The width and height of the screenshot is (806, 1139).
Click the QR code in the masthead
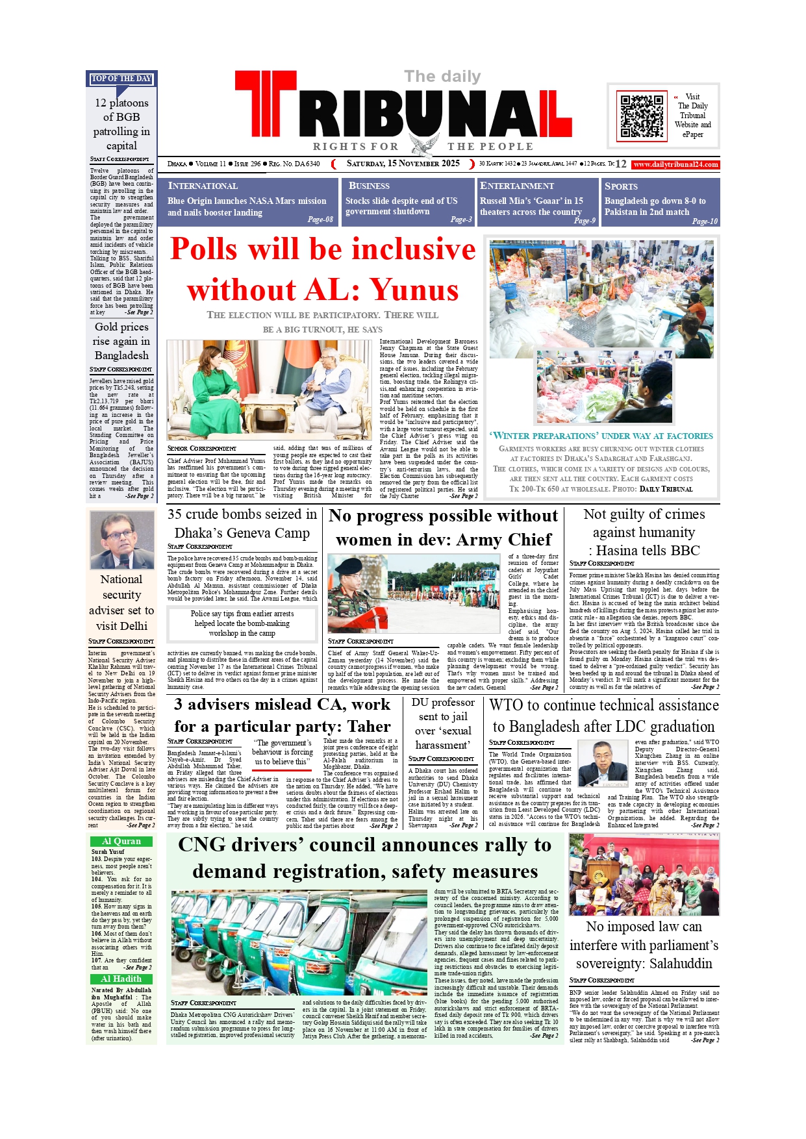642,116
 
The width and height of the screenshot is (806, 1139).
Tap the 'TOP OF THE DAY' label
121,79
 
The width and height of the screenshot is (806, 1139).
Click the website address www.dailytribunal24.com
675,164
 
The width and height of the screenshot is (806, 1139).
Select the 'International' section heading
203,186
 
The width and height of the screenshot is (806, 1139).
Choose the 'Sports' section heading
621,186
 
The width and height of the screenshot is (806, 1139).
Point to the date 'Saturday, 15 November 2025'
403,164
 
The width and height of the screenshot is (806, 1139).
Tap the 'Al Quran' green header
121,841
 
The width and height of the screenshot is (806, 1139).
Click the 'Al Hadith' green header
121,979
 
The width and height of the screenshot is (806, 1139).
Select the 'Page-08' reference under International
320,219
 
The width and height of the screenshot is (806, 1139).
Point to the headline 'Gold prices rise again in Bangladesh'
121,341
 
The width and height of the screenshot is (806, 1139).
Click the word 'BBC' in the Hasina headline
681,550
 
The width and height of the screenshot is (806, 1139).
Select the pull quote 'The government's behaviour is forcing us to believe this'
283,752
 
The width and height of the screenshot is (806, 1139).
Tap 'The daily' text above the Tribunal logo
442,77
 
